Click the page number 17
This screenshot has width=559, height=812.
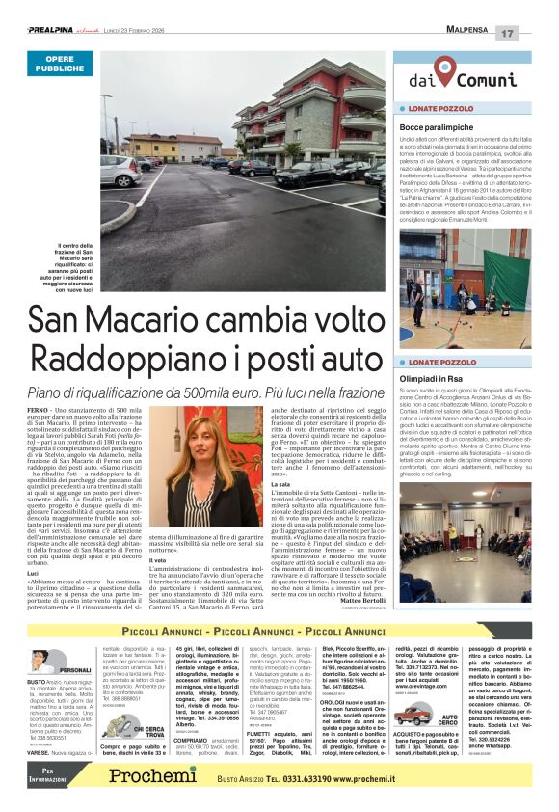534,34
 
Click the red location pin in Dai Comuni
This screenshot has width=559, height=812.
443,70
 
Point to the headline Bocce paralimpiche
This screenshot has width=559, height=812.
437,127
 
